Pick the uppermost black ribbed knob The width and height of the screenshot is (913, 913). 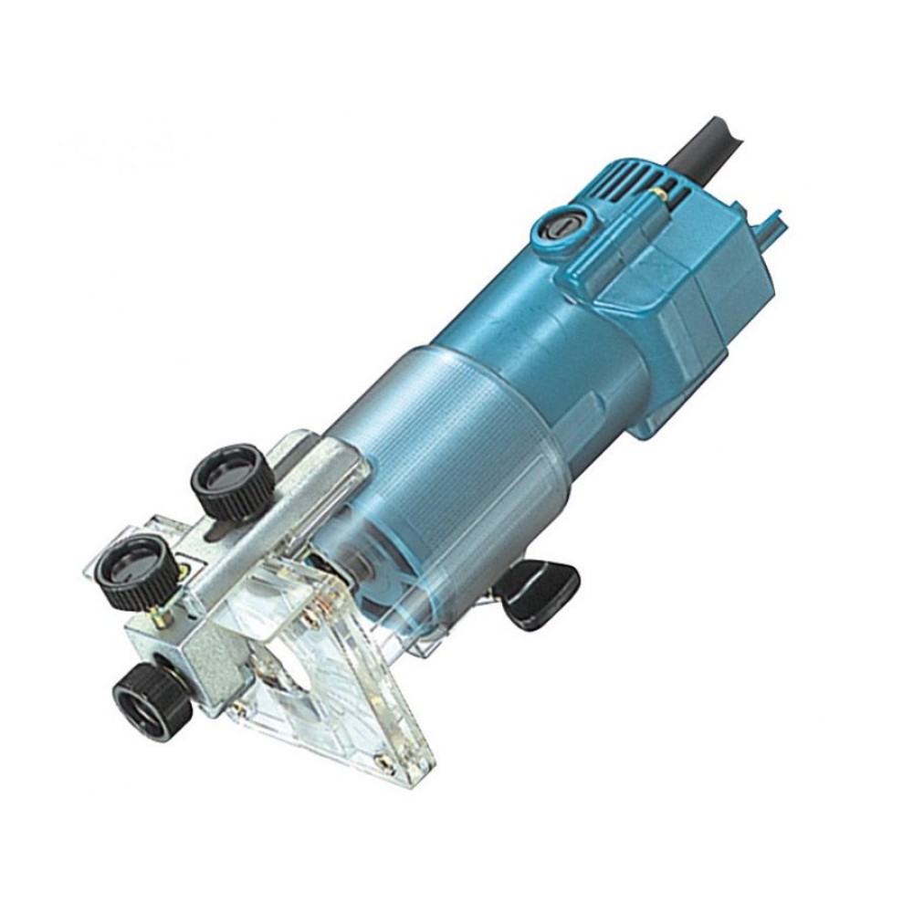pos(232,482)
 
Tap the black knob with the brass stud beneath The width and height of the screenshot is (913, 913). pos(135,572)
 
